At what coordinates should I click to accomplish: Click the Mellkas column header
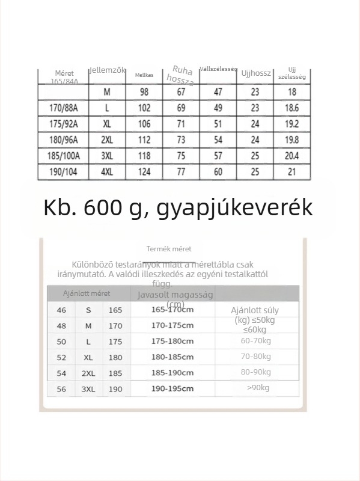(144, 75)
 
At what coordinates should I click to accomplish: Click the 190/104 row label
(64, 172)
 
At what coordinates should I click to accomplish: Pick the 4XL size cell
(107, 172)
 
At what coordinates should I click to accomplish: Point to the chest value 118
(144, 156)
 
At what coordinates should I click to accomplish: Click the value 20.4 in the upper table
(292, 156)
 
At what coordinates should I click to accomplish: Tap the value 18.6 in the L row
(292, 108)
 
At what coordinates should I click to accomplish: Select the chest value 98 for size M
(144, 92)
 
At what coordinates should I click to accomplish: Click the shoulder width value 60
(218, 172)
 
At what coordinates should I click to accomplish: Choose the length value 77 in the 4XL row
(181, 172)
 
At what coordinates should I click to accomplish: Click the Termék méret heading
(169, 249)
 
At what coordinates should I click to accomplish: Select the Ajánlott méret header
(87, 294)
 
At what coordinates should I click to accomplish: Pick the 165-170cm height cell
(172, 310)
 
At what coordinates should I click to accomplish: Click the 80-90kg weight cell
(255, 372)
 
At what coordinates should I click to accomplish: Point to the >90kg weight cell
(258, 388)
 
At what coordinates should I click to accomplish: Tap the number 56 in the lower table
(61, 389)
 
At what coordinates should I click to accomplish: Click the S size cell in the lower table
(88, 310)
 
